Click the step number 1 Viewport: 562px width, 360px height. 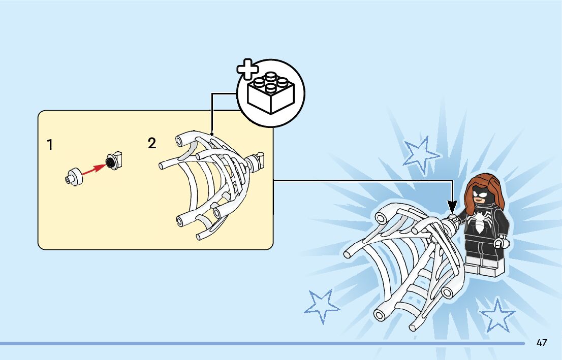coord(50,145)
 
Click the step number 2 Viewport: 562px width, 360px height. coord(152,144)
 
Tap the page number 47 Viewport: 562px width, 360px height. coord(542,343)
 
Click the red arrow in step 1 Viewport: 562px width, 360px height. coord(93,170)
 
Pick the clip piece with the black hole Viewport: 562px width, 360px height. coord(114,160)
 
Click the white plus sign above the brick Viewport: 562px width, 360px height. coord(248,70)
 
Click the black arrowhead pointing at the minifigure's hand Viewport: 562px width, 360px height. coord(452,206)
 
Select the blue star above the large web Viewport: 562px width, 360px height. coord(420,153)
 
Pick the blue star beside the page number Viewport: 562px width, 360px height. coord(496,314)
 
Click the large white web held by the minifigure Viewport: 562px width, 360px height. coord(407,264)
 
